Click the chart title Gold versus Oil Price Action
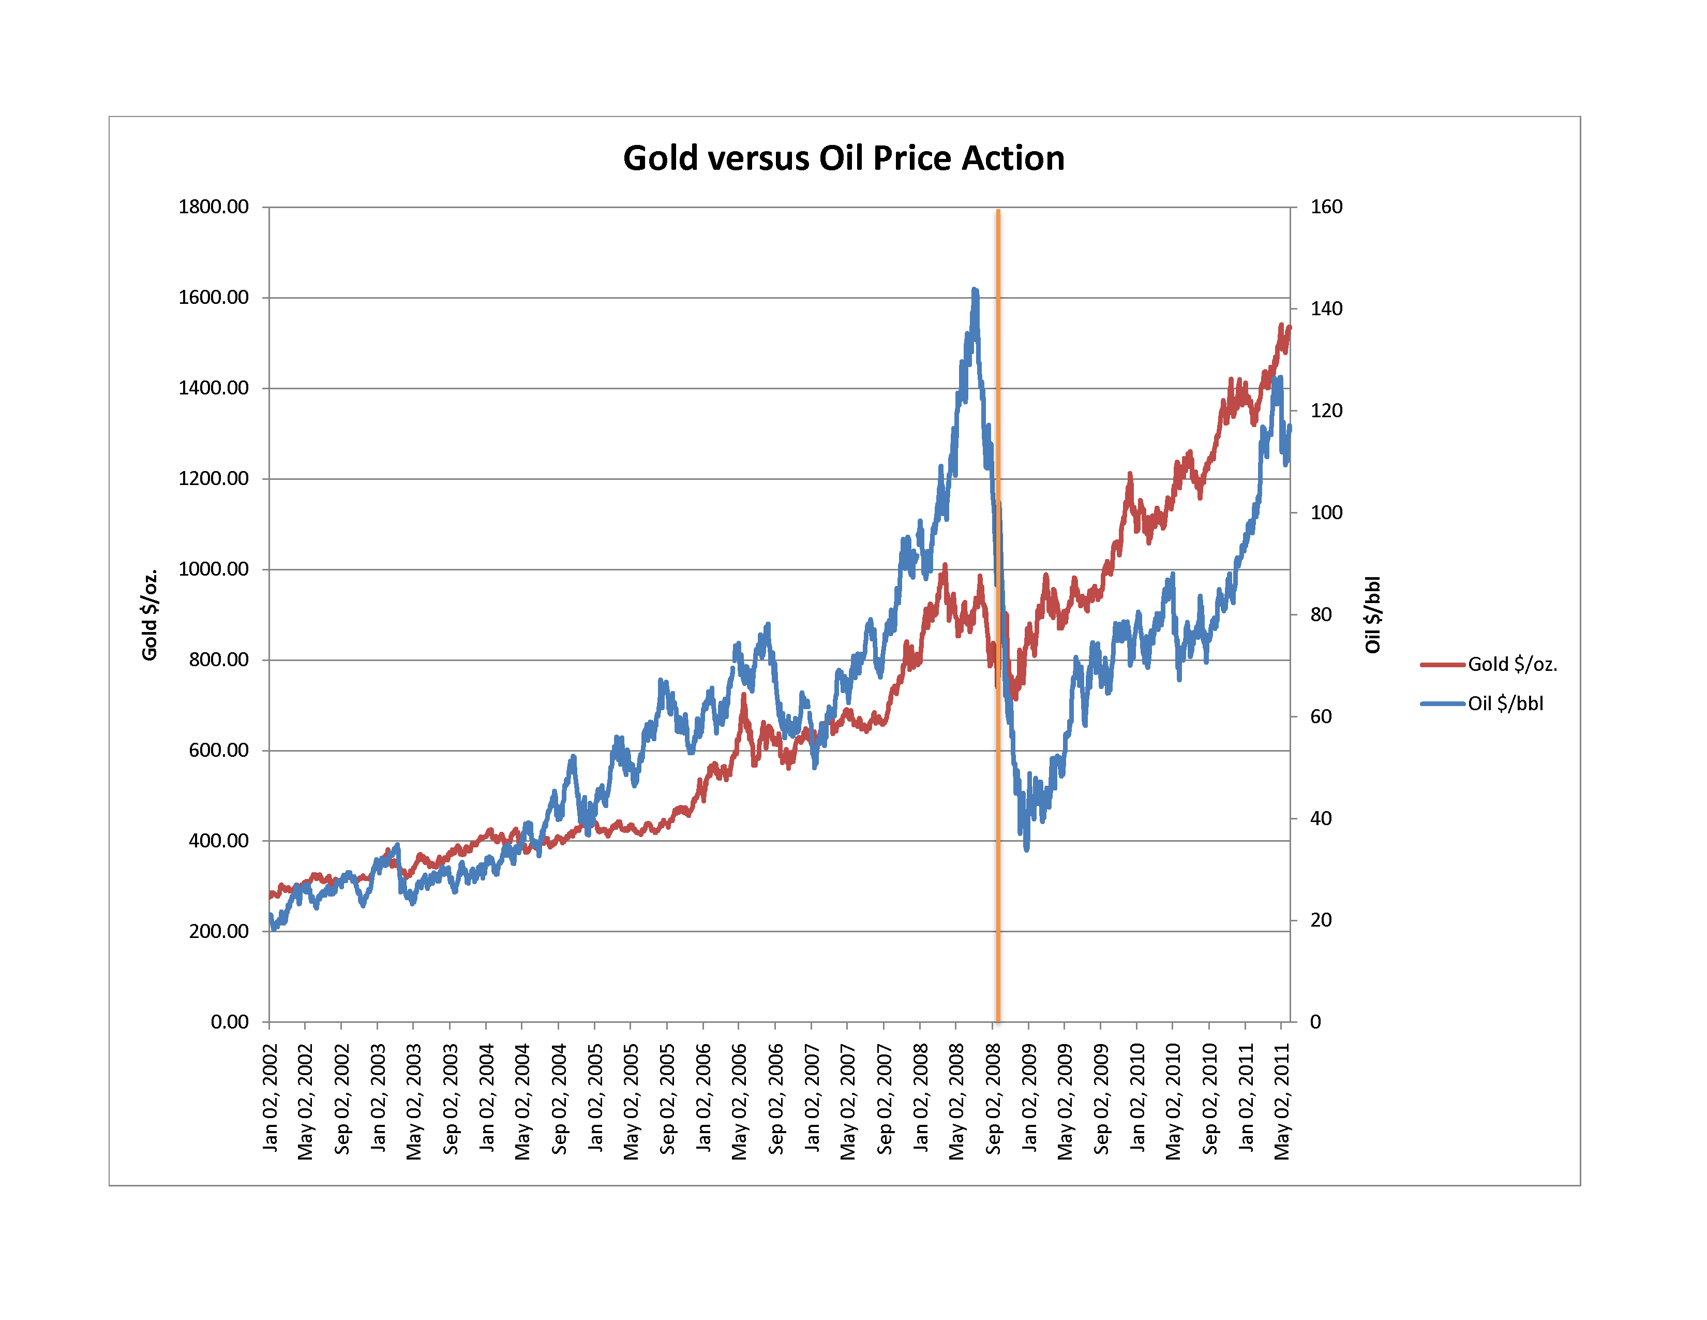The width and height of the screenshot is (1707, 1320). [843, 158]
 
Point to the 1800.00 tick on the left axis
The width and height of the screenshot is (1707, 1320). [213, 207]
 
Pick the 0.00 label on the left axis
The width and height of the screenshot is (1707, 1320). [229, 1021]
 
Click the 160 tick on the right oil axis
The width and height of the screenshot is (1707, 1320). [1326, 207]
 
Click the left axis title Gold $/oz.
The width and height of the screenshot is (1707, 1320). [149, 614]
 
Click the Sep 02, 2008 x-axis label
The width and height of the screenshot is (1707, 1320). [993, 1098]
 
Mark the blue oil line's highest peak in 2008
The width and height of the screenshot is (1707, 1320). [975, 290]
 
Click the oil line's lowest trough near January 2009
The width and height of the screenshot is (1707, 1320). [1026, 848]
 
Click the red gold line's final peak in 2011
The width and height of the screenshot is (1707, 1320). [1281, 325]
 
